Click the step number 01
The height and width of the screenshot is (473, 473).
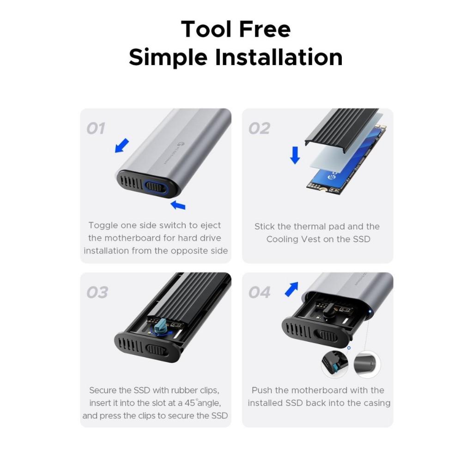click(96, 128)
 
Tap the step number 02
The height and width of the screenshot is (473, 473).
click(259, 128)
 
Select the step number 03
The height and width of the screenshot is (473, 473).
click(97, 292)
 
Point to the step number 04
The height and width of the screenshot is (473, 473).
click(259, 292)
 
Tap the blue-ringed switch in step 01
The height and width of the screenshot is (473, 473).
click(155, 186)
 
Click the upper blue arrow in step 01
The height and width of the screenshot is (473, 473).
click(122, 146)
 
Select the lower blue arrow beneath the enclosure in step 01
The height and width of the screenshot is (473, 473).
click(178, 204)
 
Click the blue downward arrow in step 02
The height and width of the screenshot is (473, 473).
click(295, 155)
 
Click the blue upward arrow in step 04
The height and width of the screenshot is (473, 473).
click(291, 289)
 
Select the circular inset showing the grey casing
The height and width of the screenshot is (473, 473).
click(367, 364)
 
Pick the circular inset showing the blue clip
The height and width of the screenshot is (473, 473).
click(335, 364)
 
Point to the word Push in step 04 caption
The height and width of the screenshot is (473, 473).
click(262, 390)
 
